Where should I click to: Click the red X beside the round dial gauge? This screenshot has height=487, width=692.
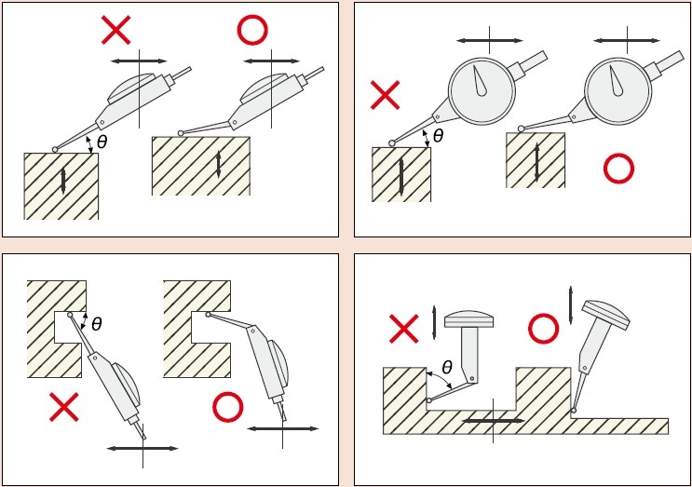point(385,95)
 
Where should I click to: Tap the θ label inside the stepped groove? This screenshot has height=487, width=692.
point(447,367)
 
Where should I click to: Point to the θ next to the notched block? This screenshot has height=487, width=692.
point(97,325)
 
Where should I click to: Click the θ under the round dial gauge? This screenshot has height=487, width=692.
point(439,136)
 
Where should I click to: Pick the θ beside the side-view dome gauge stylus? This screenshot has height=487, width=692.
point(102,142)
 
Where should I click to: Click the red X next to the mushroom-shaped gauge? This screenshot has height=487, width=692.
point(404,329)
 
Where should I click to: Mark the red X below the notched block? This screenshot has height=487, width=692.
point(64,407)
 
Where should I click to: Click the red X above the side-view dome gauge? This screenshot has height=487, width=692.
point(116,30)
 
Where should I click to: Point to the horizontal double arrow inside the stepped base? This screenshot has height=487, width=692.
point(494,421)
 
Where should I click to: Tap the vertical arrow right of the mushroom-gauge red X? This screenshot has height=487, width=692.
point(434,323)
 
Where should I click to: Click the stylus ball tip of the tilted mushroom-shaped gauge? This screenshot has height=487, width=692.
point(573,411)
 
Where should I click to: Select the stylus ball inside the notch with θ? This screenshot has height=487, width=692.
point(70,315)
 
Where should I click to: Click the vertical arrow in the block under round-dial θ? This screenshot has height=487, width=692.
point(401,177)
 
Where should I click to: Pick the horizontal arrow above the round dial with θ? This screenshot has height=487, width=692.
point(490,41)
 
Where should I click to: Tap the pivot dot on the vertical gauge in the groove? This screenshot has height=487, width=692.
point(472,378)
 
